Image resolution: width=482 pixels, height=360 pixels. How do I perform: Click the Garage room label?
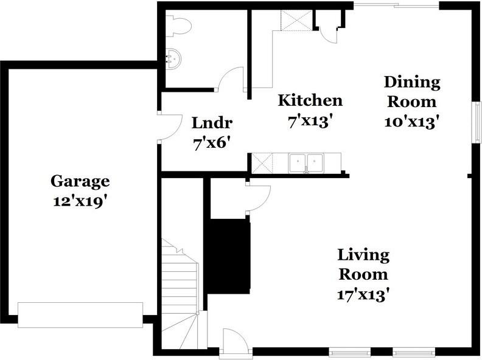[x=80, y=182]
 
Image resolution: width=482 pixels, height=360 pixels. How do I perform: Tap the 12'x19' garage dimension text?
[x=80, y=201]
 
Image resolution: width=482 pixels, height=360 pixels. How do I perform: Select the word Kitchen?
[x=310, y=100]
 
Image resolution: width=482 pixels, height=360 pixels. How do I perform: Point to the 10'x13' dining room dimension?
[x=411, y=122]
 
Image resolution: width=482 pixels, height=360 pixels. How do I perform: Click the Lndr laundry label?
[x=212, y=123]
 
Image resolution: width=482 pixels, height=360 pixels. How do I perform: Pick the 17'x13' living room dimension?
[x=364, y=294]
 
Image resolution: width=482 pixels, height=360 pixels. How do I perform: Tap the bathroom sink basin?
[x=173, y=58]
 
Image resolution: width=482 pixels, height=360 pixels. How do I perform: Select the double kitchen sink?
[x=306, y=162]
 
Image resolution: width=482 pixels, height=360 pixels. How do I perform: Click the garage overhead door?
[x=80, y=315]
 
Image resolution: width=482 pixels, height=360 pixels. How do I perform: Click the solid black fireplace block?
[x=228, y=254]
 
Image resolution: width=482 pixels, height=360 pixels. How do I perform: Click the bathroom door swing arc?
[x=231, y=78]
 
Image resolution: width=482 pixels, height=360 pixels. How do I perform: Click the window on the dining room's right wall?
[x=477, y=122]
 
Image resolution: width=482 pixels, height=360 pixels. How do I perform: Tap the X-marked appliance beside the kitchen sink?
[x=262, y=163]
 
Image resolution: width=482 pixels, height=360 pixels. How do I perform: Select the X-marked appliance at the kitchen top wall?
[x=296, y=20]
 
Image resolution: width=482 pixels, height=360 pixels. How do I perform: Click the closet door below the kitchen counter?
[x=259, y=198]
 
